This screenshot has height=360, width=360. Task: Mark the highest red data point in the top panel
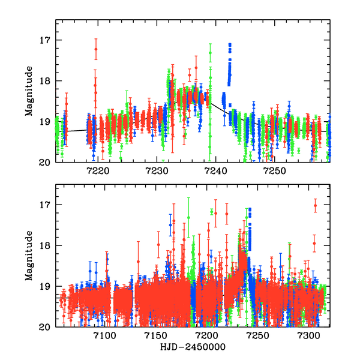[x=95, y=49]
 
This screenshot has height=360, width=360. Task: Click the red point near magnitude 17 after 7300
[x=315, y=205]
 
